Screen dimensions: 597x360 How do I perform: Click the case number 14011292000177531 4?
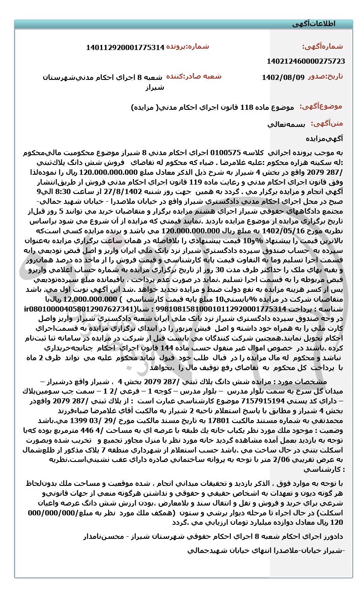coord(125,47)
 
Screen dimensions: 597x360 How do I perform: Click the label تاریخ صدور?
coord(326,77)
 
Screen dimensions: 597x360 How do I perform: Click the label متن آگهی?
coord(327,124)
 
